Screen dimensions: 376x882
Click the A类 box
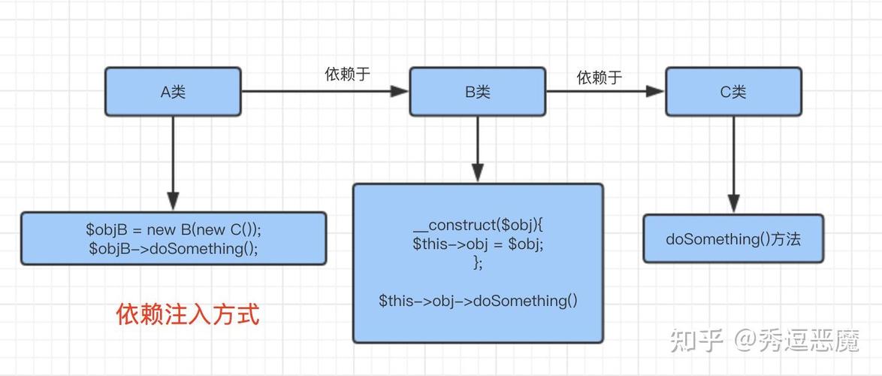click(173, 92)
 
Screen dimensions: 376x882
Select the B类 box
click(477, 92)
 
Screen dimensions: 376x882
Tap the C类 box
click(732, 92)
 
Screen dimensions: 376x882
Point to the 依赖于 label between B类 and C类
click(599, 77)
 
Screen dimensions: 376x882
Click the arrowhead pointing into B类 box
click(400, 92)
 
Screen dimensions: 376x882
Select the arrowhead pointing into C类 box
click(656, 92)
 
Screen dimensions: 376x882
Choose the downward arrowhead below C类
click(733, 203)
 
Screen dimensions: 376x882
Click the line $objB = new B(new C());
click(173, 229)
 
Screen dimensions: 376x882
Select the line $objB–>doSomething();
click(173, 248)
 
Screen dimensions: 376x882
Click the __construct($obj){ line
click(477, 225)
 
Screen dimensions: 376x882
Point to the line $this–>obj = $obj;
click(477, 244)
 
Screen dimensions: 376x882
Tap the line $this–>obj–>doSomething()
click(478, 301)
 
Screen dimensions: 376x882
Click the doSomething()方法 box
click(733, 239)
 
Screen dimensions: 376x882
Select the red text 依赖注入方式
click(188, 314)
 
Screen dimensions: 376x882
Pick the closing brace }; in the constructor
click(478, 262)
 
